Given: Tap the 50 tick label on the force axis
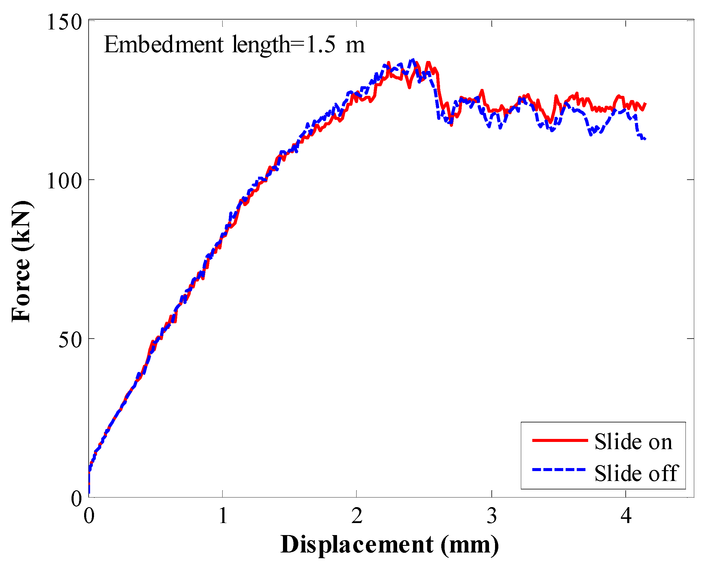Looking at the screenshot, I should pyautogui.click(x=70, y=340).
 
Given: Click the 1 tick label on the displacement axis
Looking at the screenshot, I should pyautogui.click(x=223, y=516).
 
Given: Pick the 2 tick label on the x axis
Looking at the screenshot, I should pyautogui.click(x=357, y=516).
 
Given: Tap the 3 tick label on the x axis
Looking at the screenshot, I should pyautogui.click(x=492, y=516).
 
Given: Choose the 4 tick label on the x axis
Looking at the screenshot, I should pyautogui.click(x=626, y=516).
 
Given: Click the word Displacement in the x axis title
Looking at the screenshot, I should pyautogui.click(x=357, y=545).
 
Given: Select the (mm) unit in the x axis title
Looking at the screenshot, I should pyautogui.click(x=470, y=545).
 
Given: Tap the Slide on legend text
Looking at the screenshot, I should pyautogui.click(x=633, y=442).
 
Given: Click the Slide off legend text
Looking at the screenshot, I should pyautogui.click(x=636, y=473).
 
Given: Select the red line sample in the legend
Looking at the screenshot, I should pyautogui.click(x=560, y=440).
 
